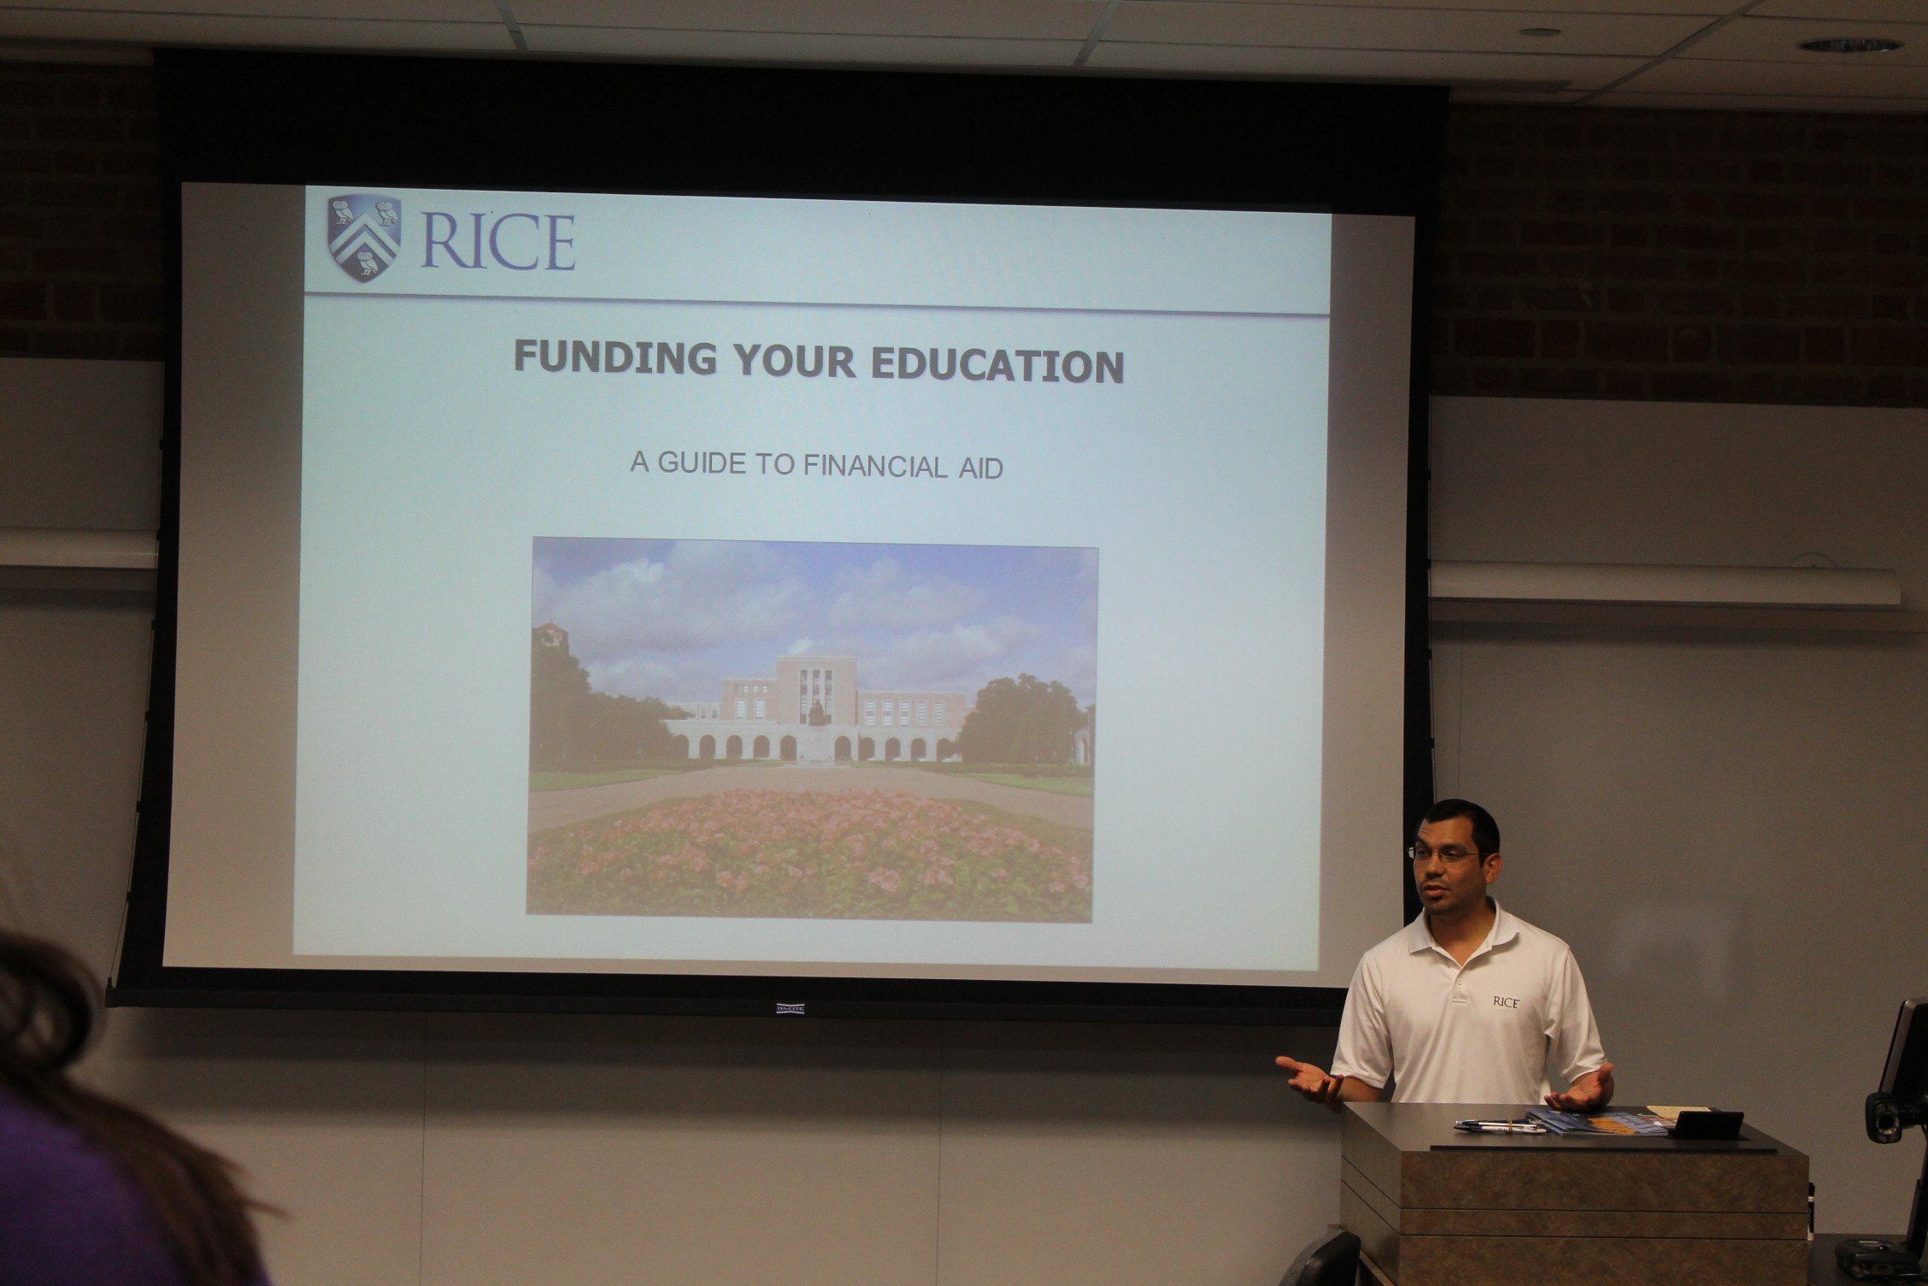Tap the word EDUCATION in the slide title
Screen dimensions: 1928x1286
pyautogui.click(x=996, y=365)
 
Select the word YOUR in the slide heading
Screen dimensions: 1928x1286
pyautogui.click(x=793, y=361)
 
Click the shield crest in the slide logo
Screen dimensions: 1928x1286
pyautogui.click(x=364, y=239)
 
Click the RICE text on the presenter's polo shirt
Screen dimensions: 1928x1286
pyautogui.click(x=1505, y=1002)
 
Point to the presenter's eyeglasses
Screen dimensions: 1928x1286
pyautogui.click(x=1443, y=853)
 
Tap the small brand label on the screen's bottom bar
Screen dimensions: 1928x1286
pyautogui.click(x=790, y=1008)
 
